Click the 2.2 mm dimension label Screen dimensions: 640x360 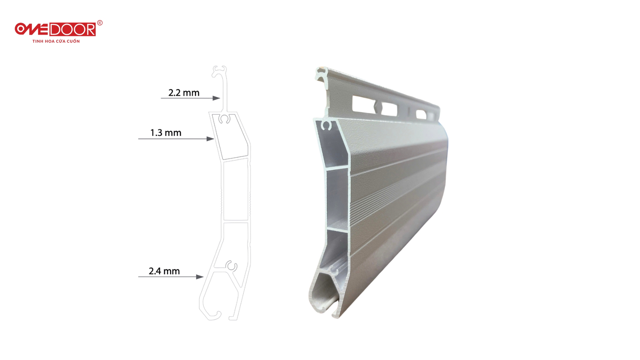click(x=184, y=93)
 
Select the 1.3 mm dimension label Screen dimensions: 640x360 click(x=166, y=133)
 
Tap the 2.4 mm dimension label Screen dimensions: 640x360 click(x=164, y=271)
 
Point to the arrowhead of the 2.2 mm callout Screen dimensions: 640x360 click(x=216, y=98)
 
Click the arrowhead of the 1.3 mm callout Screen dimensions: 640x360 click(x=210, y=139)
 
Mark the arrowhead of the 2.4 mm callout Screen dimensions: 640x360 click(x=200, y=277)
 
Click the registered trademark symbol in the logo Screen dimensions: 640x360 click(x=100, y=23)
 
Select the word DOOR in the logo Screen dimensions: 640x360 click(x=73, y=30)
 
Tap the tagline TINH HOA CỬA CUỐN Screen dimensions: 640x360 click(x=56, y=41)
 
